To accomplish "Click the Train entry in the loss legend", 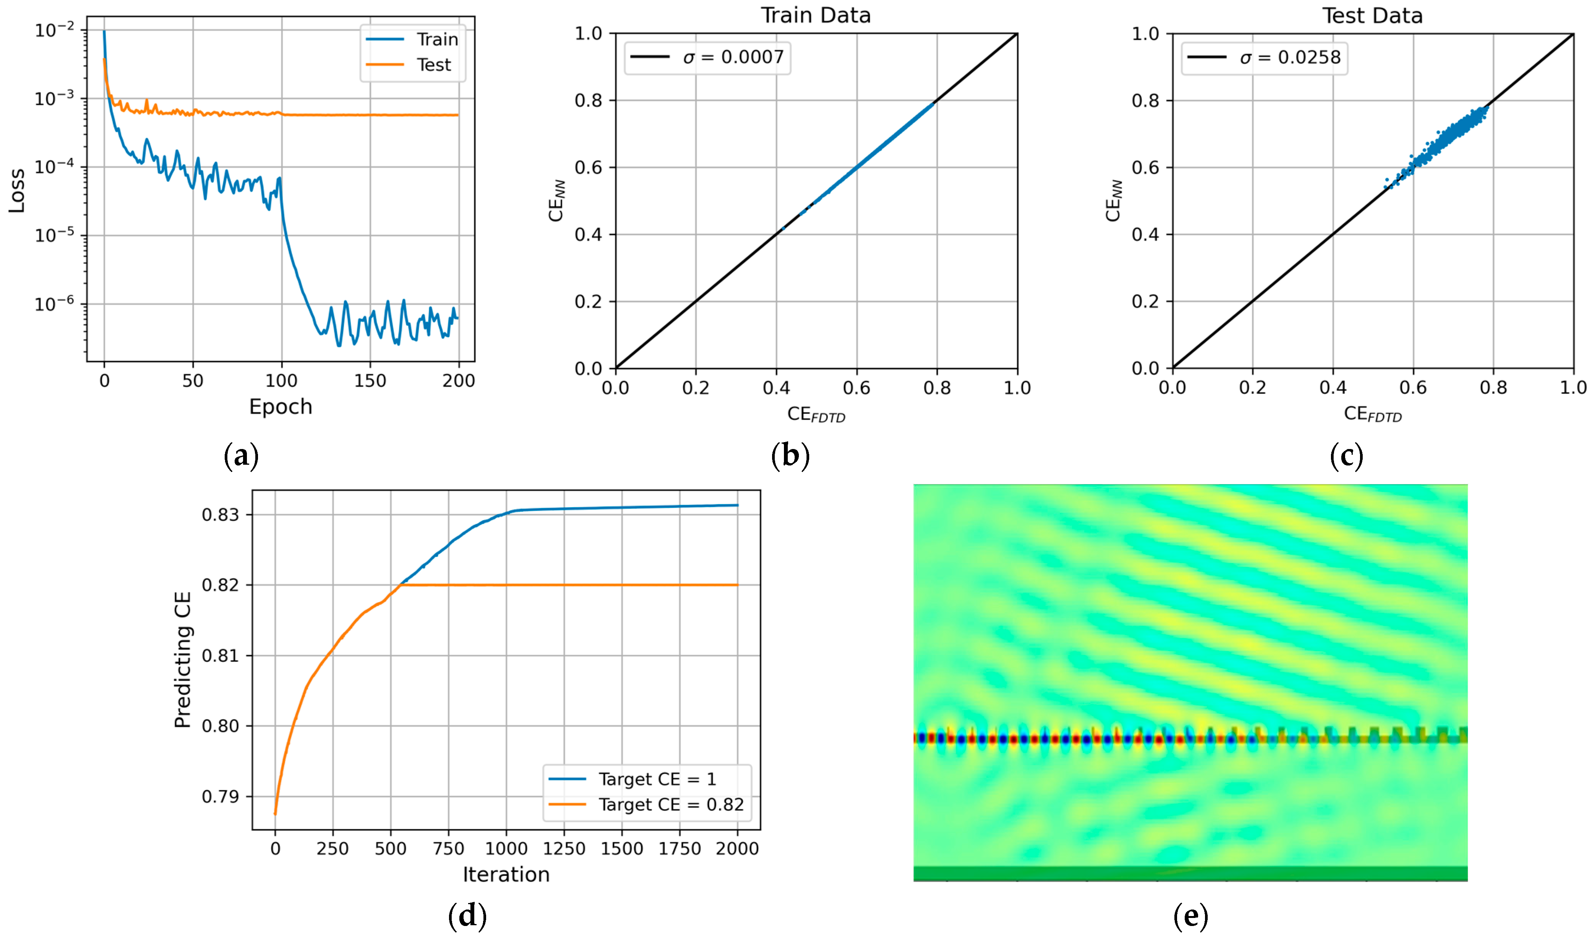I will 437,39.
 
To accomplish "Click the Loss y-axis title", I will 16,190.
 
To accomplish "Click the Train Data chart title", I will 816,15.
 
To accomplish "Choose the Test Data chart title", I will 1372,15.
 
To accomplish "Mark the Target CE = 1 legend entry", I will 657,779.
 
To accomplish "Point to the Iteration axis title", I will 506,874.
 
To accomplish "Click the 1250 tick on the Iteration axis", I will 564,849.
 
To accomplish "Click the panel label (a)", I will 241,456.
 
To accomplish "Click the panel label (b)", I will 790,456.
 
